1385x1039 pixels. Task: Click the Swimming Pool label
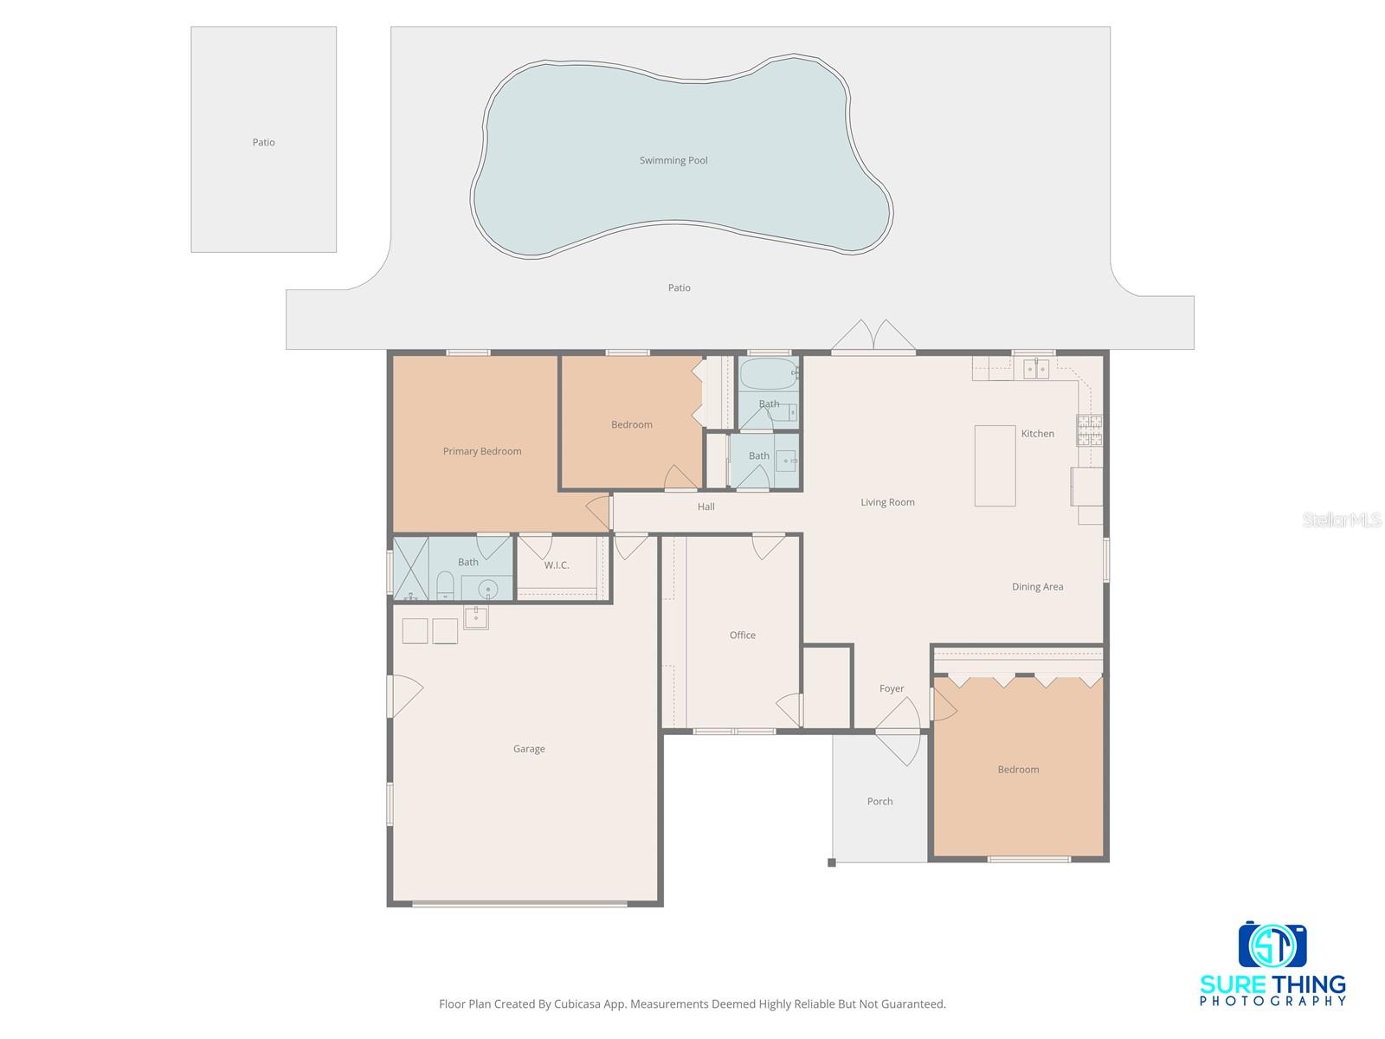pyautogui.click(x=673, y=160)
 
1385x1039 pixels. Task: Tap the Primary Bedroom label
pyautogui.click(x=482, y=451)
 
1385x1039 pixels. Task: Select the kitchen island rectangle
pyautogui.click(x=995, y=465)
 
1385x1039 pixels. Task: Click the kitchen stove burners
pyautogui.click(x=1089, y=430)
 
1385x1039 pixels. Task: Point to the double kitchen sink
pyautogui.click(x=1036, y=369)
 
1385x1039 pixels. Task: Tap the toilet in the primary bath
pyautogui.click(x=445, y=586)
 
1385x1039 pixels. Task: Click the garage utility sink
pyautogui.click(x=476, y=617)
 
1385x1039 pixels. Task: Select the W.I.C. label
pyautogui.click(x=557, y=565)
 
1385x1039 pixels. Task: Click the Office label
pyautogui.click(x=743, y=636)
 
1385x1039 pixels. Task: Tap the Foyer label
pyautogui.click(x=892, y=689)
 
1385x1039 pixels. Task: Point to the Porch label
pyautogui.click(x=879, y=802)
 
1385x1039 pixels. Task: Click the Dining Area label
pyautogui.click(x=1037, y=587)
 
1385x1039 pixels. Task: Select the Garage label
pyautogui.click(x=529, y=749)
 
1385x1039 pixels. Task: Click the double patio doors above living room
pyautogui.click(x=873, y=339)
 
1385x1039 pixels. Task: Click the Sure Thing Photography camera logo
pyautogui.click(x=1272, y=945)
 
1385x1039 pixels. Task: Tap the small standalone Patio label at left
pyautogui.click(x=263, y=143)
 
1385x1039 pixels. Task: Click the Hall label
pyautogui.click(x=706, y=507)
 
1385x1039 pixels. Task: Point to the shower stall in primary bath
pyautogui.click(x=411, y=568)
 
